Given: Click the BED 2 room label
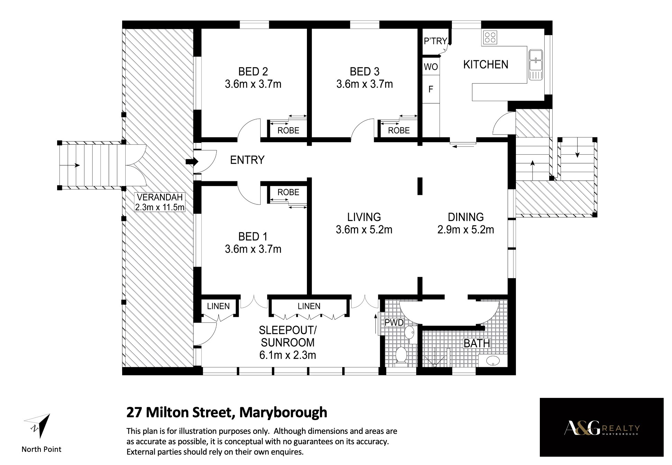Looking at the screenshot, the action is [x=253, y=72].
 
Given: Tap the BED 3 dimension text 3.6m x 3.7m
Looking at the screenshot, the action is [x=364, y=84].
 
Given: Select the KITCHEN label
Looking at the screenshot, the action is [x=485, y=64].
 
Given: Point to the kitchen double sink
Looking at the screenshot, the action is [x=536, y=65].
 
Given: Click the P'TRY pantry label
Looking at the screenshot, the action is [x=435, y=41].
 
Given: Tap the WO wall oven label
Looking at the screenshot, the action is [x=431, y=67].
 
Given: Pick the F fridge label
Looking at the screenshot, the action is [x=431, y=89].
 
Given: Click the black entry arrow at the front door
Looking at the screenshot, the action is [x=192, y=162].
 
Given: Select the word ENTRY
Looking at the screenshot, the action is [x=247, y=160].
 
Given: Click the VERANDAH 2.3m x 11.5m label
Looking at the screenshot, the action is [x=160, y=202].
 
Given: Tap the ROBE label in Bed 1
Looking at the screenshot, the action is [x=288, y=192].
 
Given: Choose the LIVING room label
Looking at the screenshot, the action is [x=364, y=217].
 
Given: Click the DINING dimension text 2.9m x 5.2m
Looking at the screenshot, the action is [x=466, y=230].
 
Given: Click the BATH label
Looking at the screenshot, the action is [x=477, y=343].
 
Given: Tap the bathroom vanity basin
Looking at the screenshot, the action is [x=493, y=361].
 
